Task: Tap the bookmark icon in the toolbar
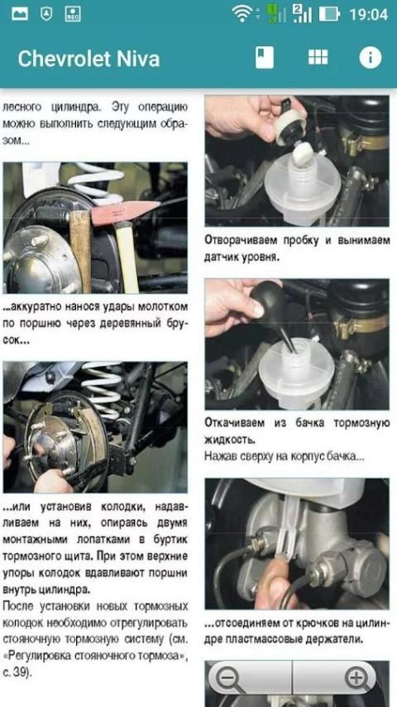pos(265,58)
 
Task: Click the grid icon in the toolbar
pos(318,57)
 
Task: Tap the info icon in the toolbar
pos(371,58)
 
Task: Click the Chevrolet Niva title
pos(88,59)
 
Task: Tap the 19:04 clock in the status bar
pos(369,14)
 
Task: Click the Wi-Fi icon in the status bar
pos(242,13)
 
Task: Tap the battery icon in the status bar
pos(329,14)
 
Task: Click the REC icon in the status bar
pos(73,14)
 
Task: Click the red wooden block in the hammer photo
pos(125,211)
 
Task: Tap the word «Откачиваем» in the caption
pos(234,423)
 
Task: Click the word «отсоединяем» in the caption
pos(244,624)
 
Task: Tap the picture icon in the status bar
pos(20,14)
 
